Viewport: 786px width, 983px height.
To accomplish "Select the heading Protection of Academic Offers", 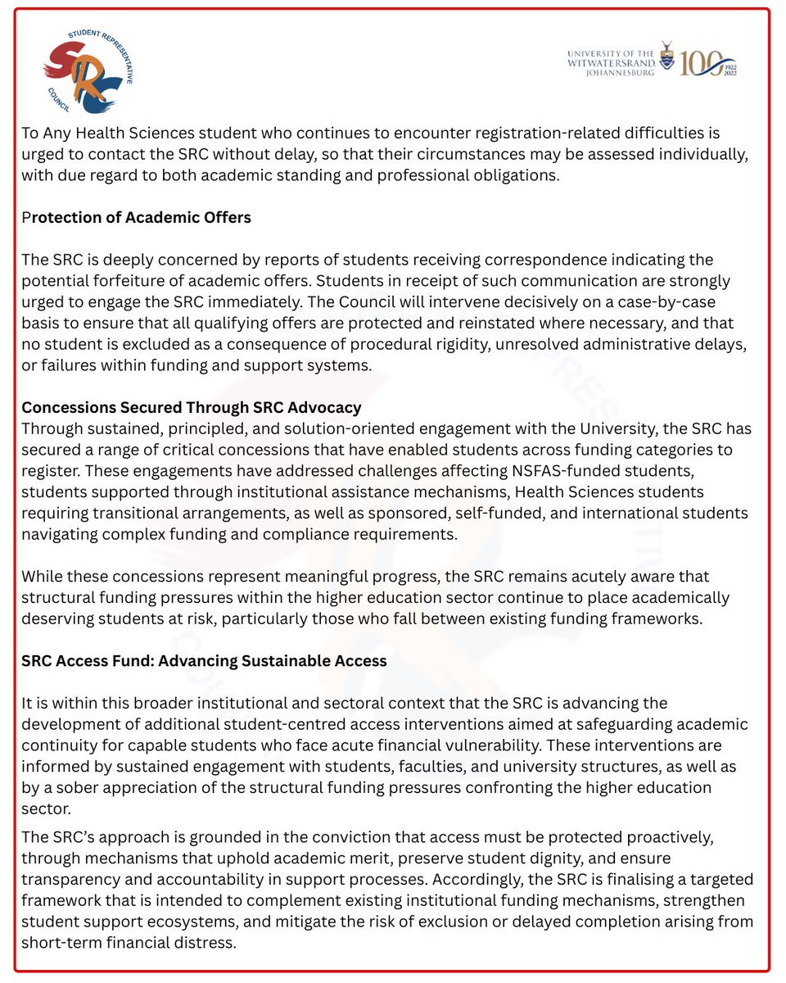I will tap(136, 217).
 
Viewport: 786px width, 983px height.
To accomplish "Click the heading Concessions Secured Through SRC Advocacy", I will tap(192, 407).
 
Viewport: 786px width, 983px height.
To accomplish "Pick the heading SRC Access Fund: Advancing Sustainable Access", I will tap(204, 660).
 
